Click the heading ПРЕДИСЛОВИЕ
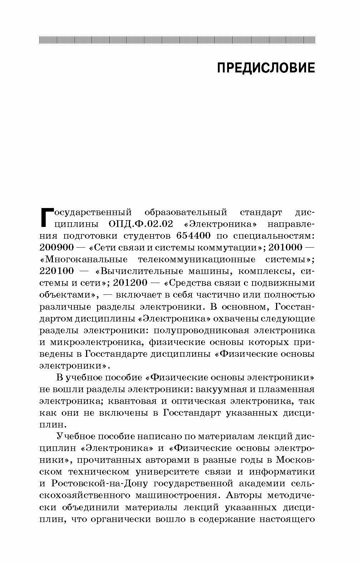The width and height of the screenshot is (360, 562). [x=266, y=68]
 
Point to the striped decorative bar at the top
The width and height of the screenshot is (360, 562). [x=177, y=40]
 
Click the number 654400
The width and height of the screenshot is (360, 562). [x=193, y=236]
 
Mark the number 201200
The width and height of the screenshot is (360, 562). [x=130, y=283]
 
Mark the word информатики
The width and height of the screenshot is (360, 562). [x=282, y=472]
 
